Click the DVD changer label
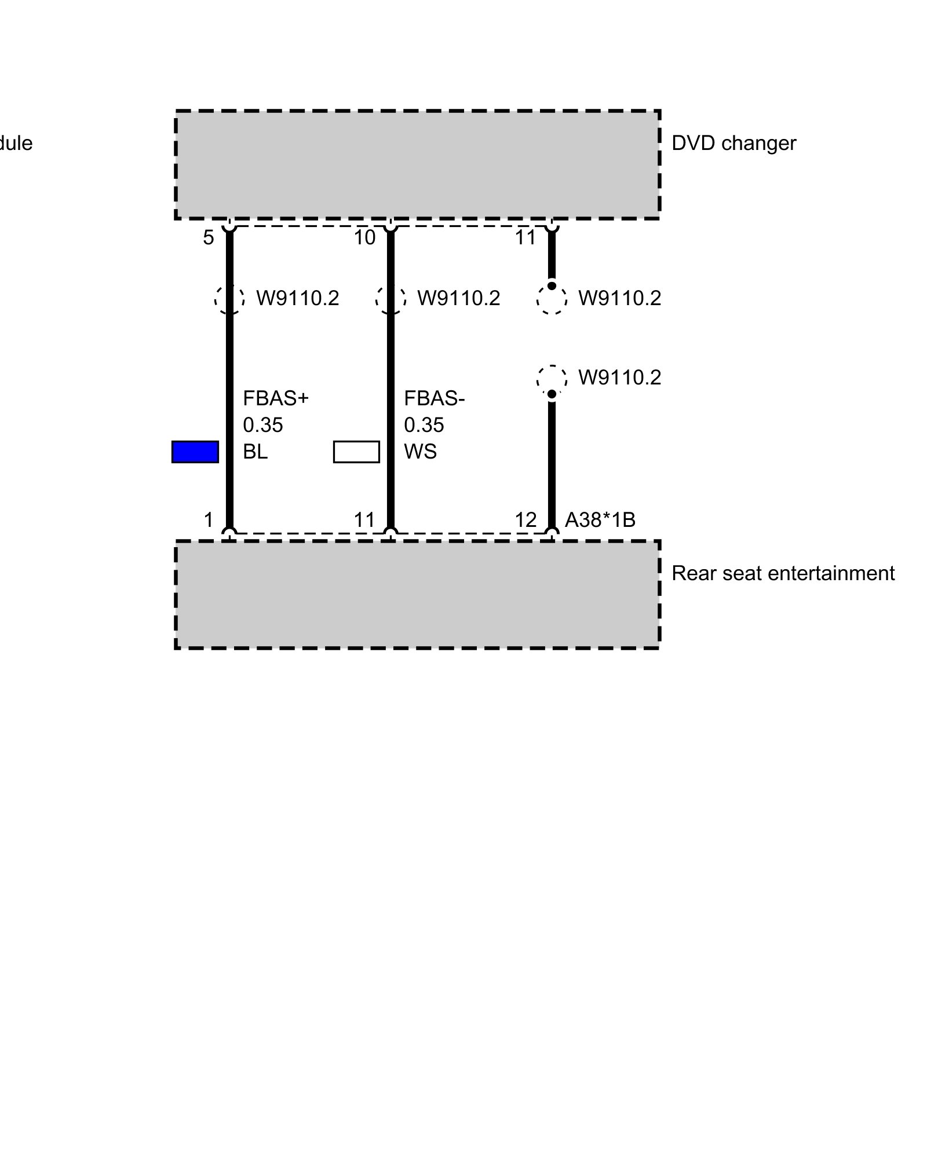pyautogui.click(x=733, y=143)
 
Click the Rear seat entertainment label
pyautogui.click(x=783, y=573)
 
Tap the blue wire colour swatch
pyautogui.click(x=195, y=452)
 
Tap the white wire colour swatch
pyautogui.click(x=356, y=452)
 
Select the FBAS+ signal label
pyautogui.click(x=276, y=398)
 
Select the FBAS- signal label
pyautogui.click(x=434, y=398)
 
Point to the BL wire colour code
pyautogui.click(x=255, y=452)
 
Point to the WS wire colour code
pyautogui.click(x=420, y=452)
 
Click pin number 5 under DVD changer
pyautogui.click(x=209, y=237)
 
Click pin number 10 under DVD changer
pyautogui.click(x=365, y=237)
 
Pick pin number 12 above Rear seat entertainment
pyautogui.click(x=525, y=520)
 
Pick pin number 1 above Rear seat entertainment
pyautogui.click(x=209, y=520)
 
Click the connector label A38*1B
pyautogui.click(x=600, y=520)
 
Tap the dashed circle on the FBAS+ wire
pyautogui.click(x=229, y=299)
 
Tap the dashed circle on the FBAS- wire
pyautogui.click(x=390, y=299)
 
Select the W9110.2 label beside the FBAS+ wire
pyautogui.click(x=297, y=298)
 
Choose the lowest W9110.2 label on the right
pyautogui.click(x=619, y=378)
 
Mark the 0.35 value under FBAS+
pyautogui.click(x=262, y=425)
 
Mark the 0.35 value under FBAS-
pyautogui.click(x=424, y=425)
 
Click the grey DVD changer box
pyautogui.click(x=417, y=164)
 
